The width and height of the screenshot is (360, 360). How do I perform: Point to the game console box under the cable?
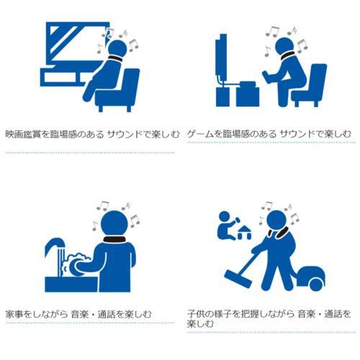(x=248, y=94)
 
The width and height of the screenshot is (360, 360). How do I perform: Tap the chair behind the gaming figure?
(x=310, y=85)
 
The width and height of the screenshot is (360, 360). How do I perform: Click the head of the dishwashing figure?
(x=114, y=224)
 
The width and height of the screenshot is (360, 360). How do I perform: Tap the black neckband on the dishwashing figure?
(x=114, y=239)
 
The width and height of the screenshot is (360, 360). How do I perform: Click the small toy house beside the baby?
(x=244, y=233)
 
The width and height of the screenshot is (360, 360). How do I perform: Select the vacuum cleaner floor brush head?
(x=238, y=279)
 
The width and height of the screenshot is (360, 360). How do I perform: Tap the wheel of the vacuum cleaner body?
(x=316, y=284)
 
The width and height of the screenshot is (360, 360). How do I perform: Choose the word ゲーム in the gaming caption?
(x=200, y=134)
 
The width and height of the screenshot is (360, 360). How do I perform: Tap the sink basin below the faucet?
(x=71, y=284)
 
